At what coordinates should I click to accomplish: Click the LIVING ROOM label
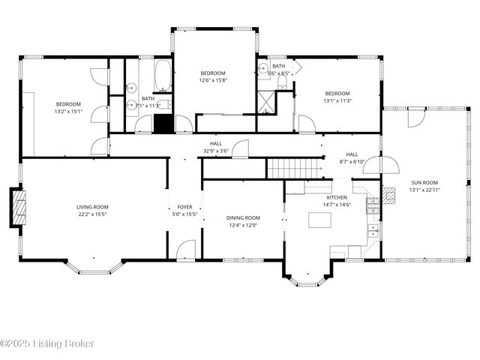click(93, 207)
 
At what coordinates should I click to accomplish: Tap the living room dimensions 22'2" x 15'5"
click(93, 214)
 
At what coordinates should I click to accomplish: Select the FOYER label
click(184, 207)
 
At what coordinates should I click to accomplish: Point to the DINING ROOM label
click(243, 218)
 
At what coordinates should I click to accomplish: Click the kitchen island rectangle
click(320, 220)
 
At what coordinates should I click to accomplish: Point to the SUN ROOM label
click(423, 181)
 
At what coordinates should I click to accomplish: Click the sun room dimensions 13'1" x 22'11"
click(423, 190)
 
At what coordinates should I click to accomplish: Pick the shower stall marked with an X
click(266, 102)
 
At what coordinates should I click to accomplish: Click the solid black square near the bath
click(163, 124)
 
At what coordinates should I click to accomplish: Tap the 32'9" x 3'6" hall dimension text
click(216, 150)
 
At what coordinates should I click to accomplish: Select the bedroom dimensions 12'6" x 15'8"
click(213, 80)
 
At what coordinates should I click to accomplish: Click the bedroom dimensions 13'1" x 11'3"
click(337, 100)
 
